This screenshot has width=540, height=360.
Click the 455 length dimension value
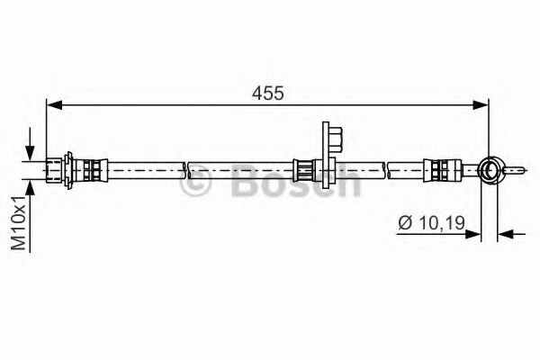(x=268, y=93)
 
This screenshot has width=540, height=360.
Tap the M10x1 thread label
(x=19, y=223)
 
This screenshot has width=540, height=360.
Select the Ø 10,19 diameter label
(x=431, y=223)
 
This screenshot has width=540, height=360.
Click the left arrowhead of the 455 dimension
(x=54, y=104)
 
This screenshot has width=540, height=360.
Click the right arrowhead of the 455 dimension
(x=481, y=104)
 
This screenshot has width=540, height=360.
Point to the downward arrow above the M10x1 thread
(x=31, y=144)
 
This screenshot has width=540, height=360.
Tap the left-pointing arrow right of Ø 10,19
(x=512, y=234)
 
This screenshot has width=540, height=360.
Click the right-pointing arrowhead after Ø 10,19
(x=472, y=234)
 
